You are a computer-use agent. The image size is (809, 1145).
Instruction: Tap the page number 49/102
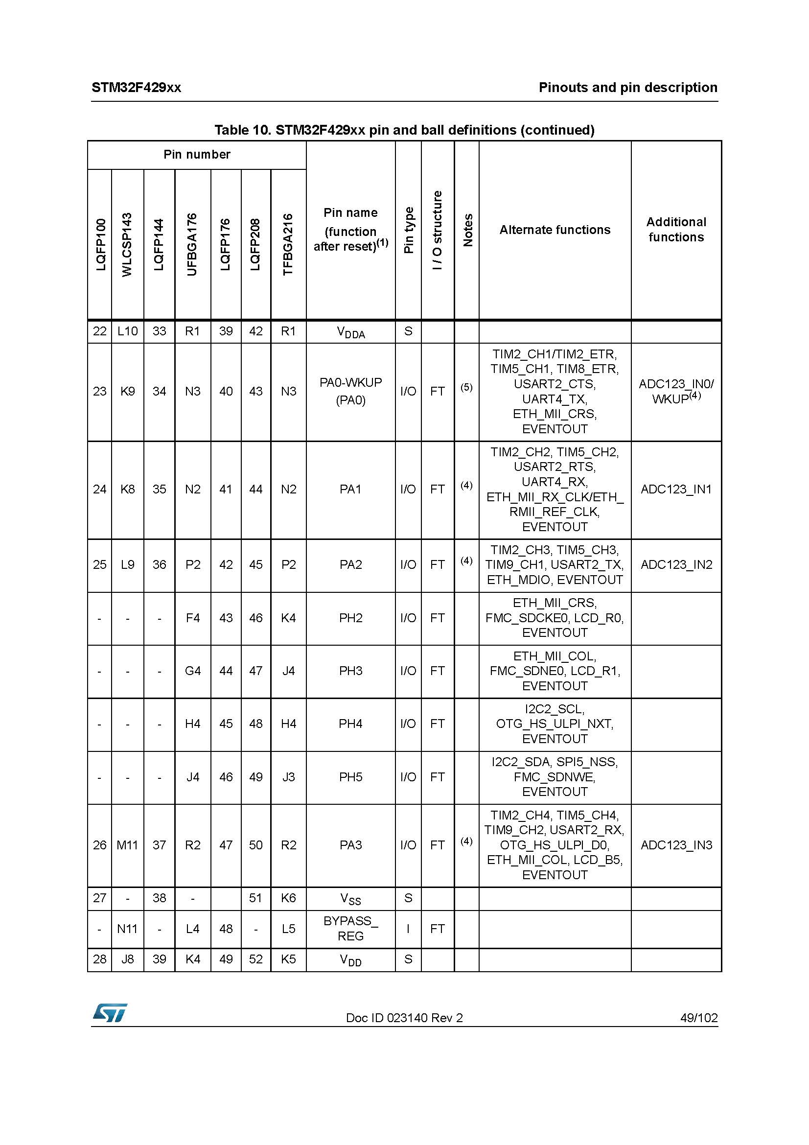tap(698, 1017)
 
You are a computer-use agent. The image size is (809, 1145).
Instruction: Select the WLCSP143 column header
tap(127, 244)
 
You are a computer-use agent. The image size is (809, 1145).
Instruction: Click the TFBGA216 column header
tap(288, 244)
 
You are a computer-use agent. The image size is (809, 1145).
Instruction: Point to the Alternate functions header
tap(555, 230)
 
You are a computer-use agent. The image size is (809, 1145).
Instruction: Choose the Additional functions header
tap(676, 230)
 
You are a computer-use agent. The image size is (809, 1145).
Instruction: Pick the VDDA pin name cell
tap(350, 332)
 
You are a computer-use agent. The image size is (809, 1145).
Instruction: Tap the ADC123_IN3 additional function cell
tap(676, 845)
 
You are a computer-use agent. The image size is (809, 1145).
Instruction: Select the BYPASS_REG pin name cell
tap(350, 929)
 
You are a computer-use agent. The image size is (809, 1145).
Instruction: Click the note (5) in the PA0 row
tap(466, 387)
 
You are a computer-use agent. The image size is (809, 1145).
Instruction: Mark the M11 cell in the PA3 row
tap(127, 845)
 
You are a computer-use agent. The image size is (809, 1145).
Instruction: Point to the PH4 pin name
tap(350, 724)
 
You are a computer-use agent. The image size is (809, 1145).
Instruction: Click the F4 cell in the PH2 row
tap(192, 618)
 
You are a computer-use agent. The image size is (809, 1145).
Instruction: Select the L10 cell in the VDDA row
tap(127, 331)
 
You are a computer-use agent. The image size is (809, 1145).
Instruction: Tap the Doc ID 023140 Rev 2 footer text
tap(404, 1017)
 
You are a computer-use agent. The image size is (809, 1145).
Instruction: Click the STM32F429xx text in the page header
tap(136, 88)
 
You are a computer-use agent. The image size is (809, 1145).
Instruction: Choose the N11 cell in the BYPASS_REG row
tap(127, 929)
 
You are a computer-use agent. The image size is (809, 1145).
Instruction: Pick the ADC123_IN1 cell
tap(676, 489)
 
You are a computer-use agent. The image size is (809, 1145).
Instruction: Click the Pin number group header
tap(197, 155)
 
